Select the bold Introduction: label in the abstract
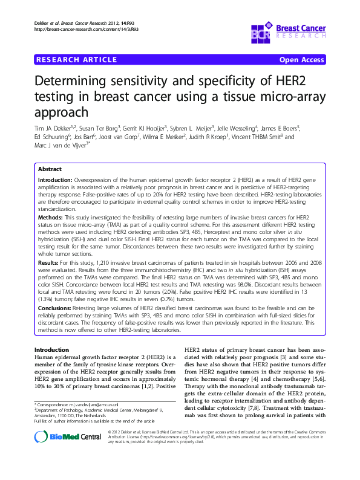point(55,181)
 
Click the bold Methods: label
point(51,216)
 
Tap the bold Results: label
point(50,264)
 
